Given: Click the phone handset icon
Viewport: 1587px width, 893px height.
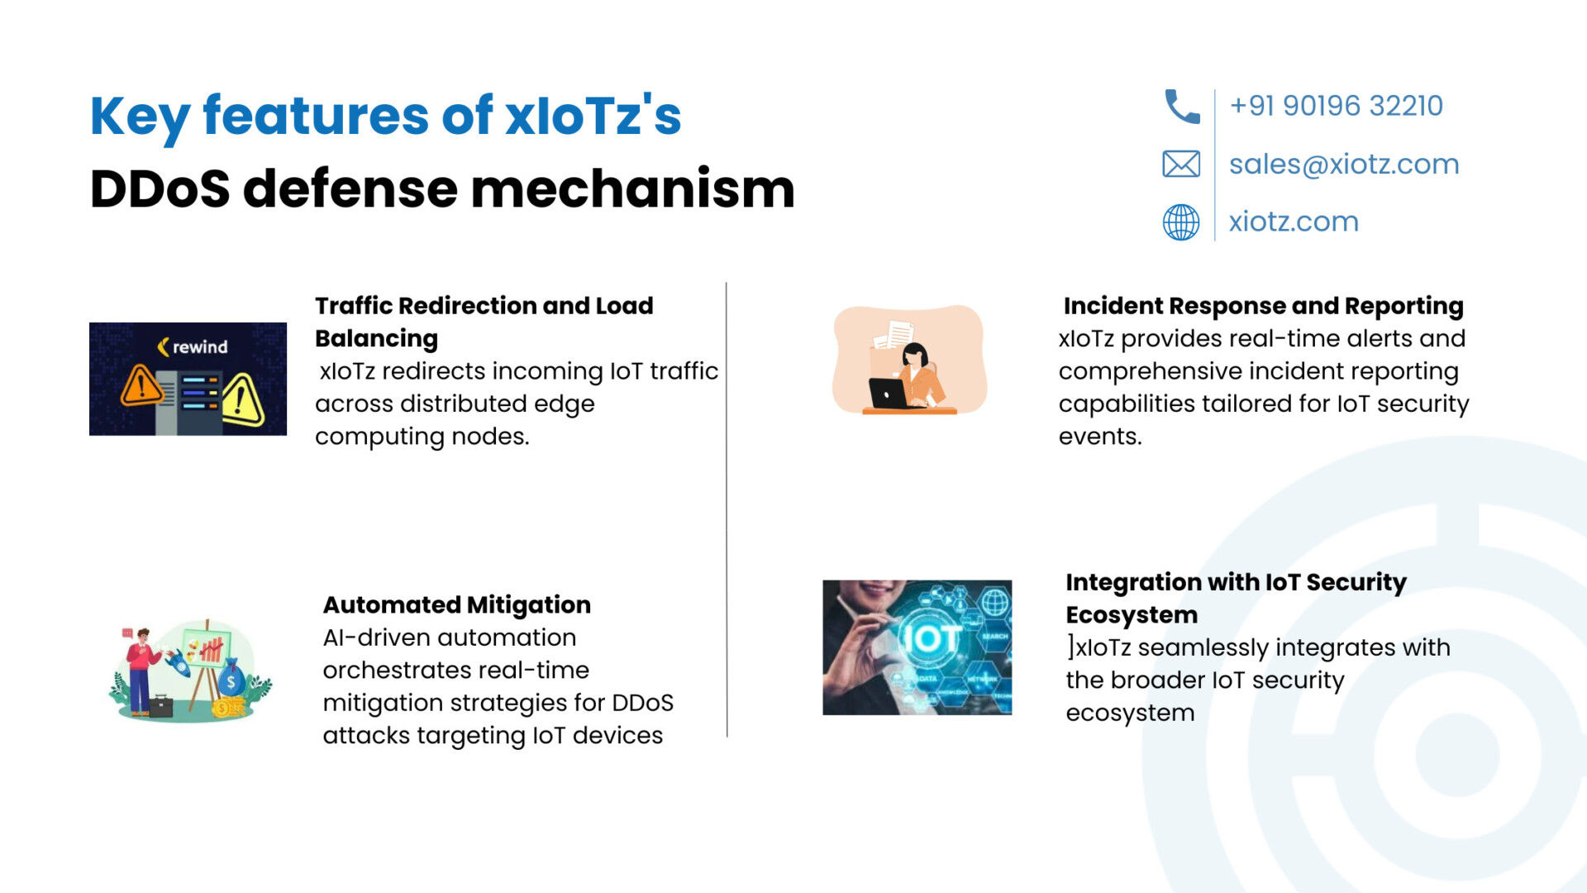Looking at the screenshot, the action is click(1182, 107).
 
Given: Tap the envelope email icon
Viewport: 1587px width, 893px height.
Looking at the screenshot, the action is click(1181, 164).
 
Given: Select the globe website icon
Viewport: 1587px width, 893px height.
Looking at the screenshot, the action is click(1181, 222).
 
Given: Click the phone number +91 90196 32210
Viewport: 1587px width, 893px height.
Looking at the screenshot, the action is click(1336, 106).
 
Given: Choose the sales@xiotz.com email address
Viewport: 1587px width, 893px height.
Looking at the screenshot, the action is click(1344, 164).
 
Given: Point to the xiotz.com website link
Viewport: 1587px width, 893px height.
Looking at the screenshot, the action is click(1294, 222).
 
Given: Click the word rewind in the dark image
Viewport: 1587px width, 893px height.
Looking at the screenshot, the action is click(200, 347).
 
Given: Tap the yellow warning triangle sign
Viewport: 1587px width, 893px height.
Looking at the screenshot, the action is click(242, 400).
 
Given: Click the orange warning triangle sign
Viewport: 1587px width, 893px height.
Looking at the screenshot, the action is click(141, 384).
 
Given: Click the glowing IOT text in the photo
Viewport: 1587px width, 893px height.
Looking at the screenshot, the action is click(930, 638).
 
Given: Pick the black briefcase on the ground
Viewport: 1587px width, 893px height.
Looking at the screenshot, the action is click(160, 706).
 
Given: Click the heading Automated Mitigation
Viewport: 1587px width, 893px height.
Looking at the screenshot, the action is click(457, 605).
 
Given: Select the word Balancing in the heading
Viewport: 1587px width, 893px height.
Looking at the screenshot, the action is click(376, 339).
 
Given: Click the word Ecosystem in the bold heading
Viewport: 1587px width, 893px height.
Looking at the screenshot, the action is click(1132, 615).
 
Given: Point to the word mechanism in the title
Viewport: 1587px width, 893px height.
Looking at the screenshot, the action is click(632, 189).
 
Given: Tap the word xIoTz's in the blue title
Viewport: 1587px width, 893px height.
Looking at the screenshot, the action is click(593, 115).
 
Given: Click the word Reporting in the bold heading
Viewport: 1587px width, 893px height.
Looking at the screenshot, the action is click(1404, 307).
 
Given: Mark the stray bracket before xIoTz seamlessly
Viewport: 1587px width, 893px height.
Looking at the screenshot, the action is click(1070, 647).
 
